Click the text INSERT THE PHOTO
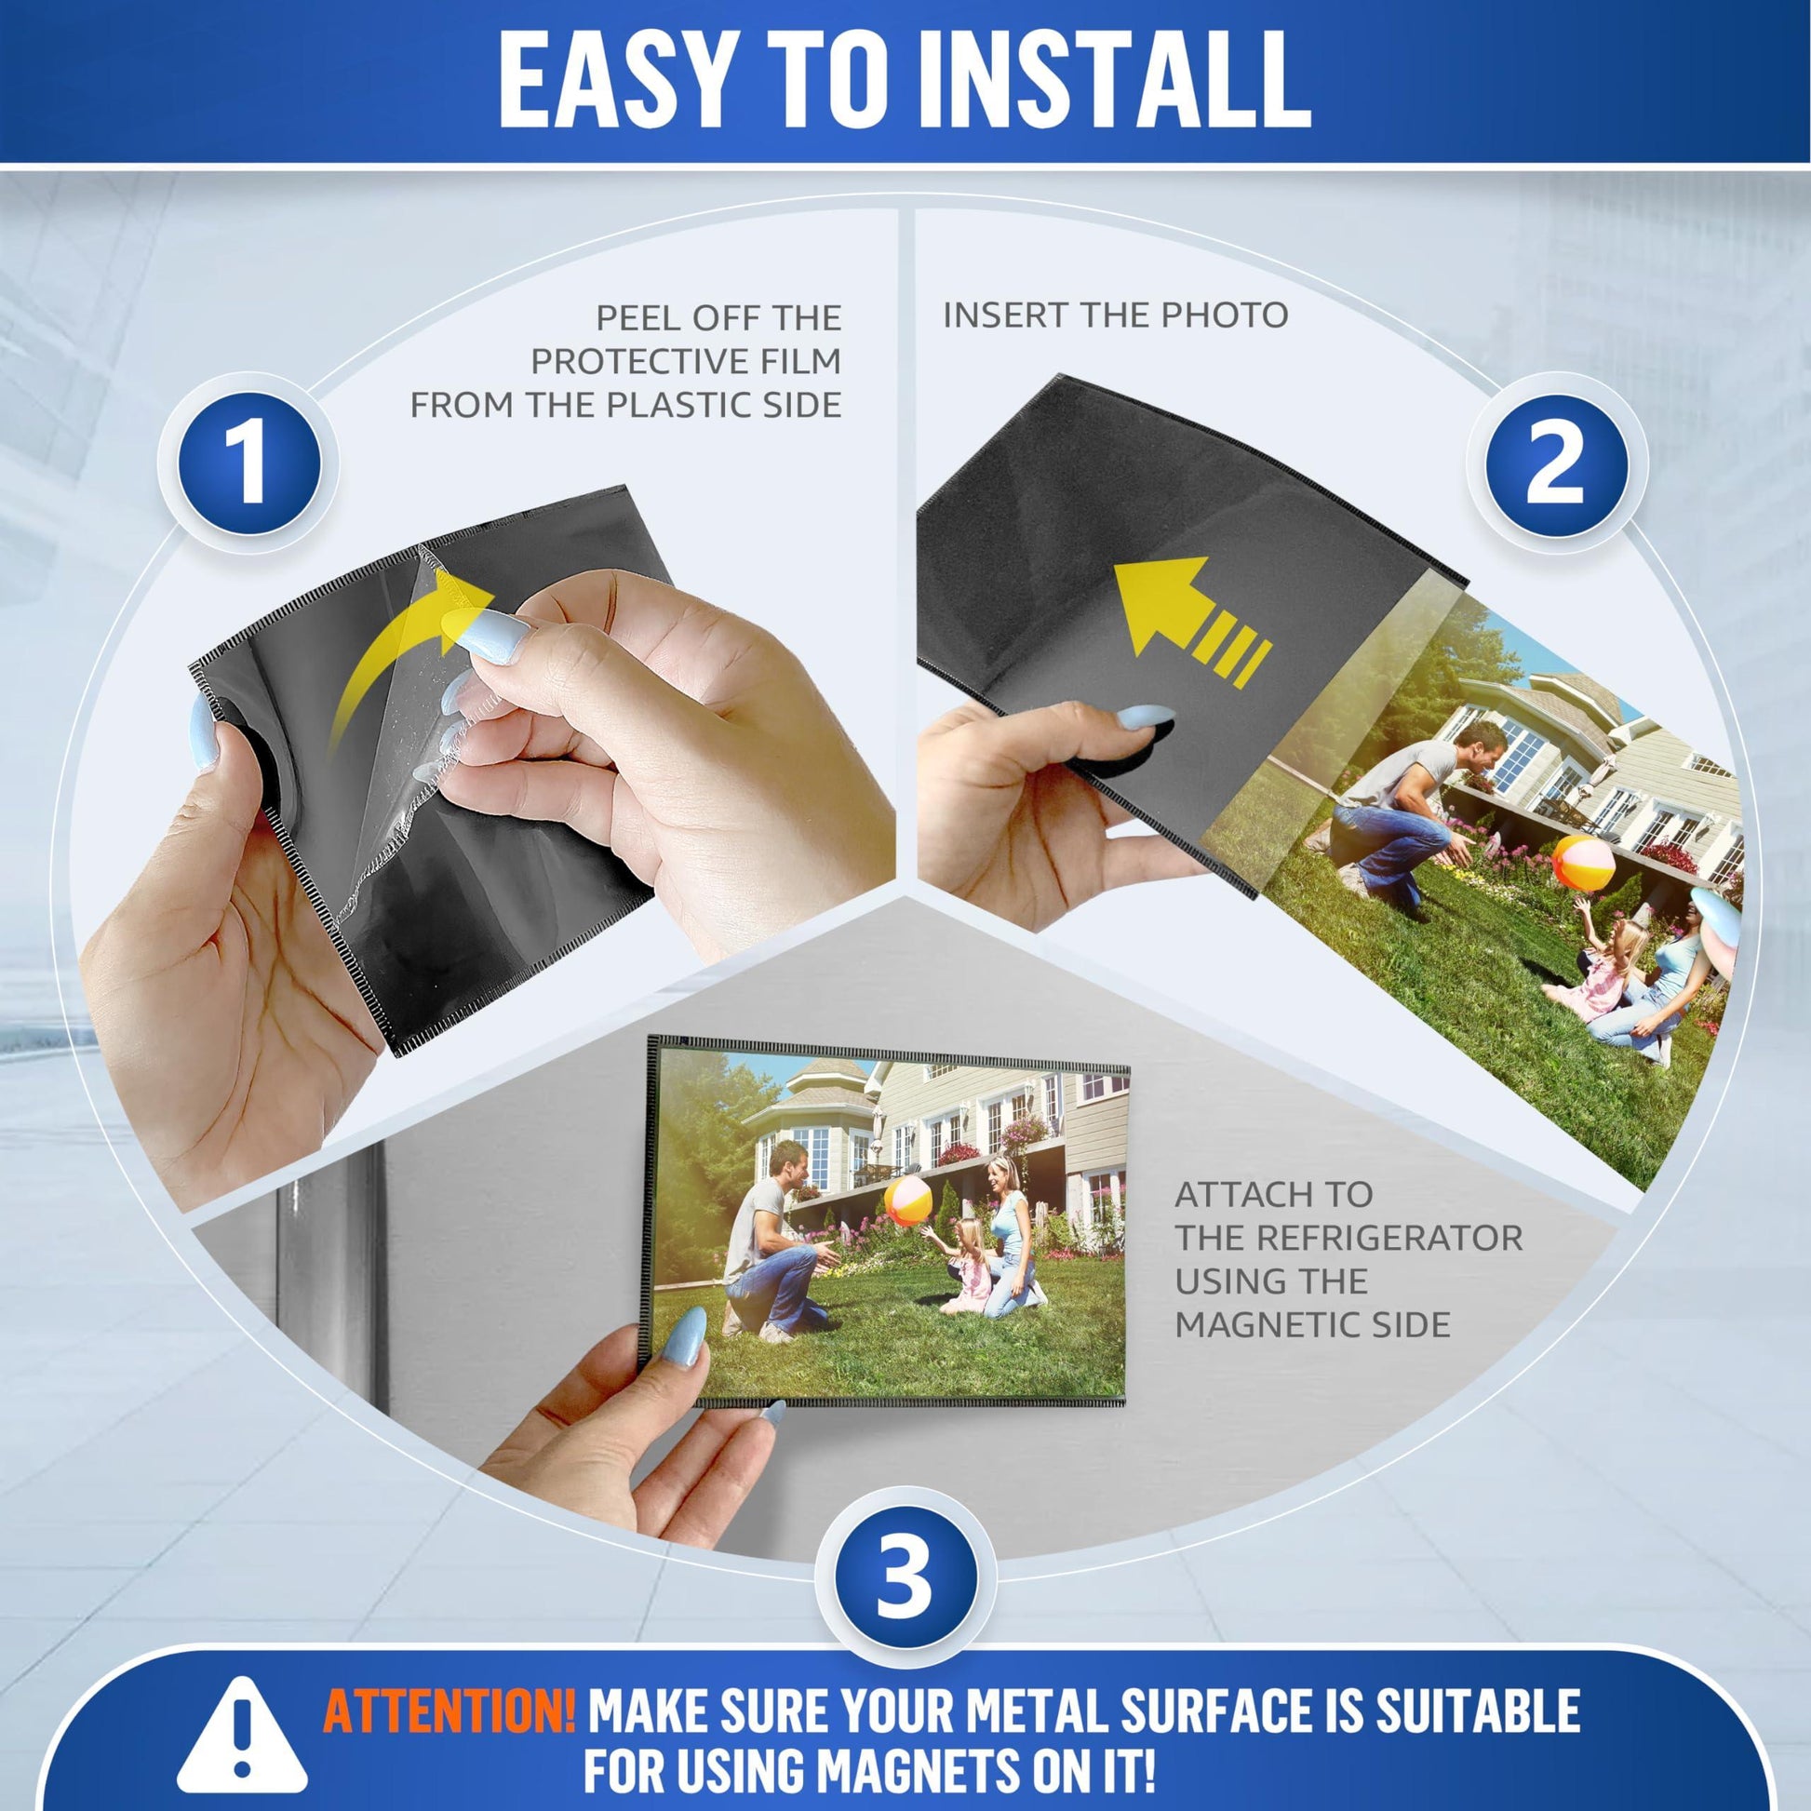(1116, 315)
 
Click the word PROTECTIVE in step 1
(686, 361)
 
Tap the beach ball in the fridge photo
(907, 1201)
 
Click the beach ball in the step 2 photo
(1583, 863)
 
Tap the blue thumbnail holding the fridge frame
(684, 1337)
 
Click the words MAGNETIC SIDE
(1312, 1324)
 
